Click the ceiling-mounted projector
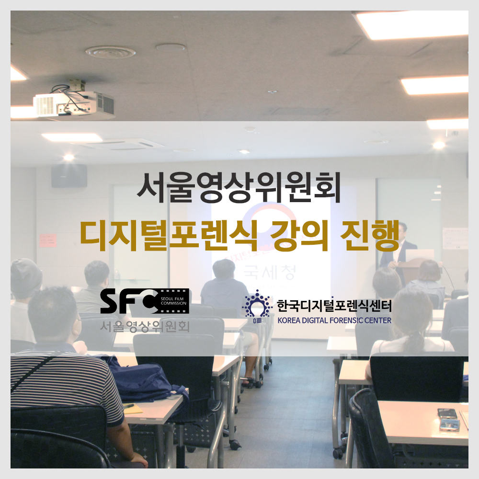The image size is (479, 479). (x=74, y=102)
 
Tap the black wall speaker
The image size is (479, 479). (x=69, y=176)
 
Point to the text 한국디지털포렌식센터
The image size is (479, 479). (x=334, y=305)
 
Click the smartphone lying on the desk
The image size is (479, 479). (x=447, y=413)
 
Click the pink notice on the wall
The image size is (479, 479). (x=48, y=239)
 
